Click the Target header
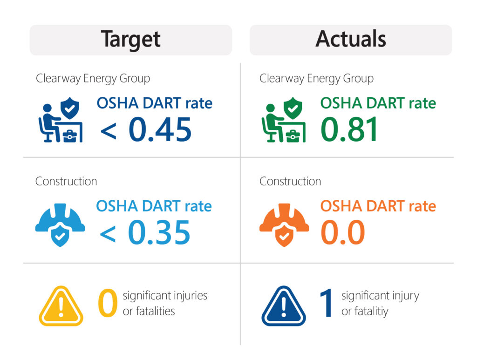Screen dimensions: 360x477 (131, 40)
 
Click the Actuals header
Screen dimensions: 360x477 (351, 40)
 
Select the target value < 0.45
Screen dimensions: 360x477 (146, 129)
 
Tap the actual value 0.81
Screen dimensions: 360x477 (349, 129)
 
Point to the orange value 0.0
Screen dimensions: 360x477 (343, 232)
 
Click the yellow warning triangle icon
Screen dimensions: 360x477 (61, 306)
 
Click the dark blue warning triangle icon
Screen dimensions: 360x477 (284, 306)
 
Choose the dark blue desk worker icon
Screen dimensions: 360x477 (60, 120)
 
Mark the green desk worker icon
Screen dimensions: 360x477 (284, 120)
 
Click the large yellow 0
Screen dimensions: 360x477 (108, 304)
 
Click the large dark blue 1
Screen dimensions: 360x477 (327, 304)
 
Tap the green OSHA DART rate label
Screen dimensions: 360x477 (378, 103)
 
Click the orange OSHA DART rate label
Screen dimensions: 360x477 (378, 206)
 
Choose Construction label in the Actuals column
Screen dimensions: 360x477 (290, 181)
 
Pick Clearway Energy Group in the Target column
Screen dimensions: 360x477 (93, 78)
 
